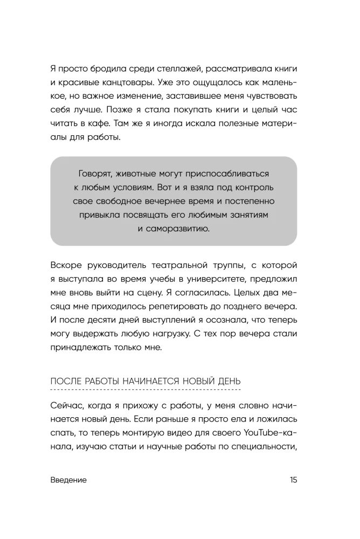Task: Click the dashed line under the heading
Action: tap(145, 389)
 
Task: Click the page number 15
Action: tap(292, 480)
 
